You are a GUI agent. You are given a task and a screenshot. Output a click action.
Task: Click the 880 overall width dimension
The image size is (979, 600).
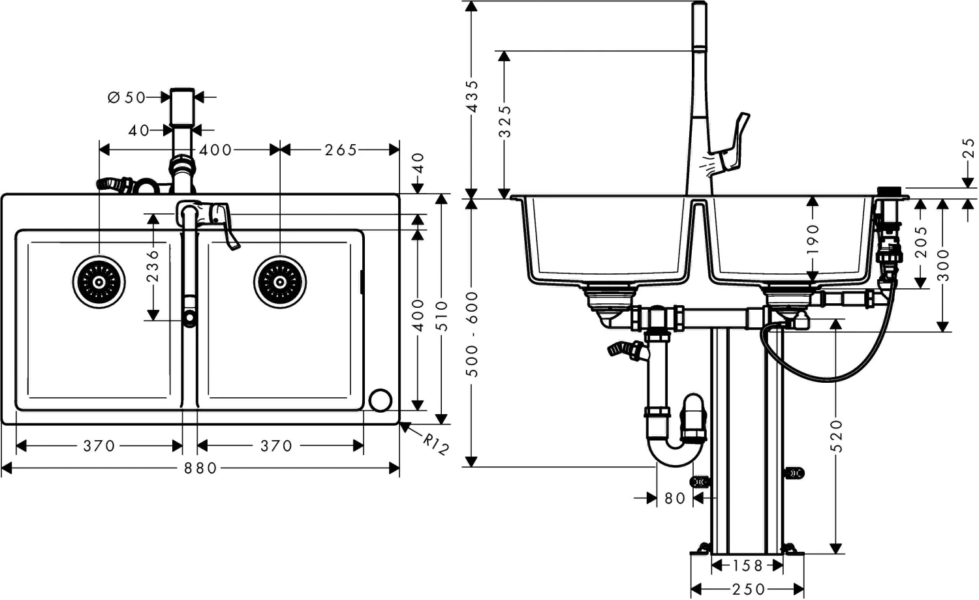[200, 468]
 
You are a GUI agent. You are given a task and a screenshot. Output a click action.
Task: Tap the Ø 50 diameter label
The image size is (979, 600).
[127, 97]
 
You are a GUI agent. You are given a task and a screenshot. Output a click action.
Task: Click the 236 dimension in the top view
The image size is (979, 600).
[153, 265]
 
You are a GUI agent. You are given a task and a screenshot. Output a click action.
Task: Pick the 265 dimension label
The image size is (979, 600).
[341, 150]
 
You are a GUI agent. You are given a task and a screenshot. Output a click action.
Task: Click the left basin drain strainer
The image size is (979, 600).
[99, 282]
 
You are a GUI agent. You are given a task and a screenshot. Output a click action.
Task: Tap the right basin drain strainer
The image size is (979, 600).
[280, 282]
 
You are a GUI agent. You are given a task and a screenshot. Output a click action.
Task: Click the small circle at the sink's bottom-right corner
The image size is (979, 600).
[381, 400]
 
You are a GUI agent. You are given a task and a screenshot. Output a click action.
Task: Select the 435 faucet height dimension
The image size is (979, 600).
[473, 97]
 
